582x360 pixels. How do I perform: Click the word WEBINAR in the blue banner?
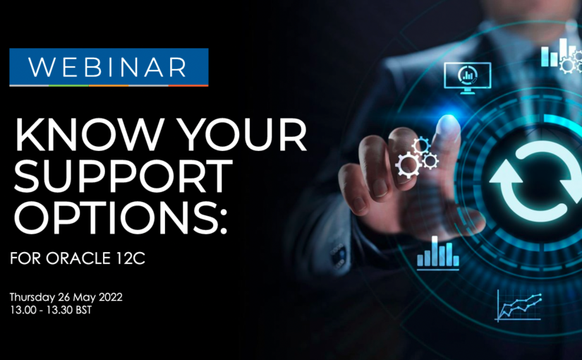pyautogui.click(x=108, y=67)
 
